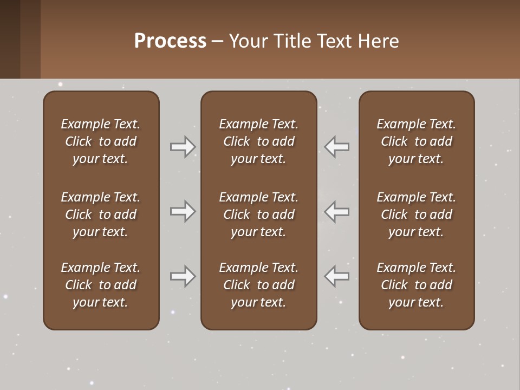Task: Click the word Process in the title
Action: [170, 41]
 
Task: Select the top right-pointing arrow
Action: [183, 147]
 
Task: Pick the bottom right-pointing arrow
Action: [183, 276]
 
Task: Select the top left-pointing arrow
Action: [337, 147]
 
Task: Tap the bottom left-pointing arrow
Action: [337, 276]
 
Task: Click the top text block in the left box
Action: [101, 141]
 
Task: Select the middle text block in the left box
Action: [101, 214]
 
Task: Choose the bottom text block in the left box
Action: [101, 285]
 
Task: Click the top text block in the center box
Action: [258, 141]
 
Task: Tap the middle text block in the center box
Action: [258, 214]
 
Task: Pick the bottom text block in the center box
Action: [258, 285]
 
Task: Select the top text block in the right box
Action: [416, 141]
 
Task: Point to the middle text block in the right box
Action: [416, 214]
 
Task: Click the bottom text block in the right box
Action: [416, 285]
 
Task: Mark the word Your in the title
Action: [248, 41]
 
